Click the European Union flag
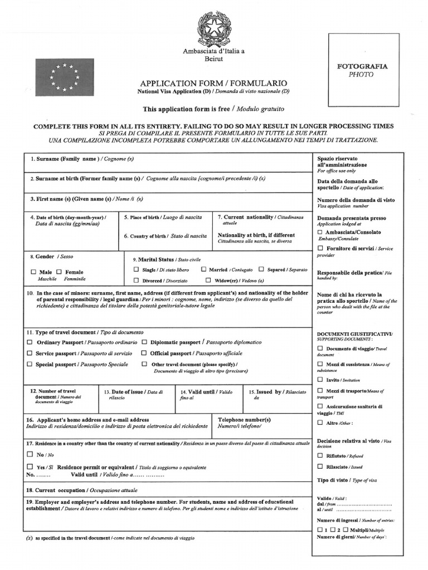[x=65, y=77]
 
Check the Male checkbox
[x=34, y=272]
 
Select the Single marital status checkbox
[x=136, y=269]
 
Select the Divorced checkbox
[x=136, y=281]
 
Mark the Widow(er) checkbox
[x=208, y=281]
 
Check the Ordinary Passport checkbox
[x=30, y=342]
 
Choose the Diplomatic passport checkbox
[x=144, y=342]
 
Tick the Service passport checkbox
[x=30, y=353]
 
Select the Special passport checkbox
[x=30, y=363]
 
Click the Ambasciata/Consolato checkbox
[x=320, y=232]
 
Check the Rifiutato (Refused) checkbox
[x=320, y=455]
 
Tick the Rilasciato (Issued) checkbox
[x=320, y=466]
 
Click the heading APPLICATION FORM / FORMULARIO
[x=213, y=82]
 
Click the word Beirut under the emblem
[x=214, y=59]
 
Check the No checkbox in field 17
[x=30, y=454]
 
